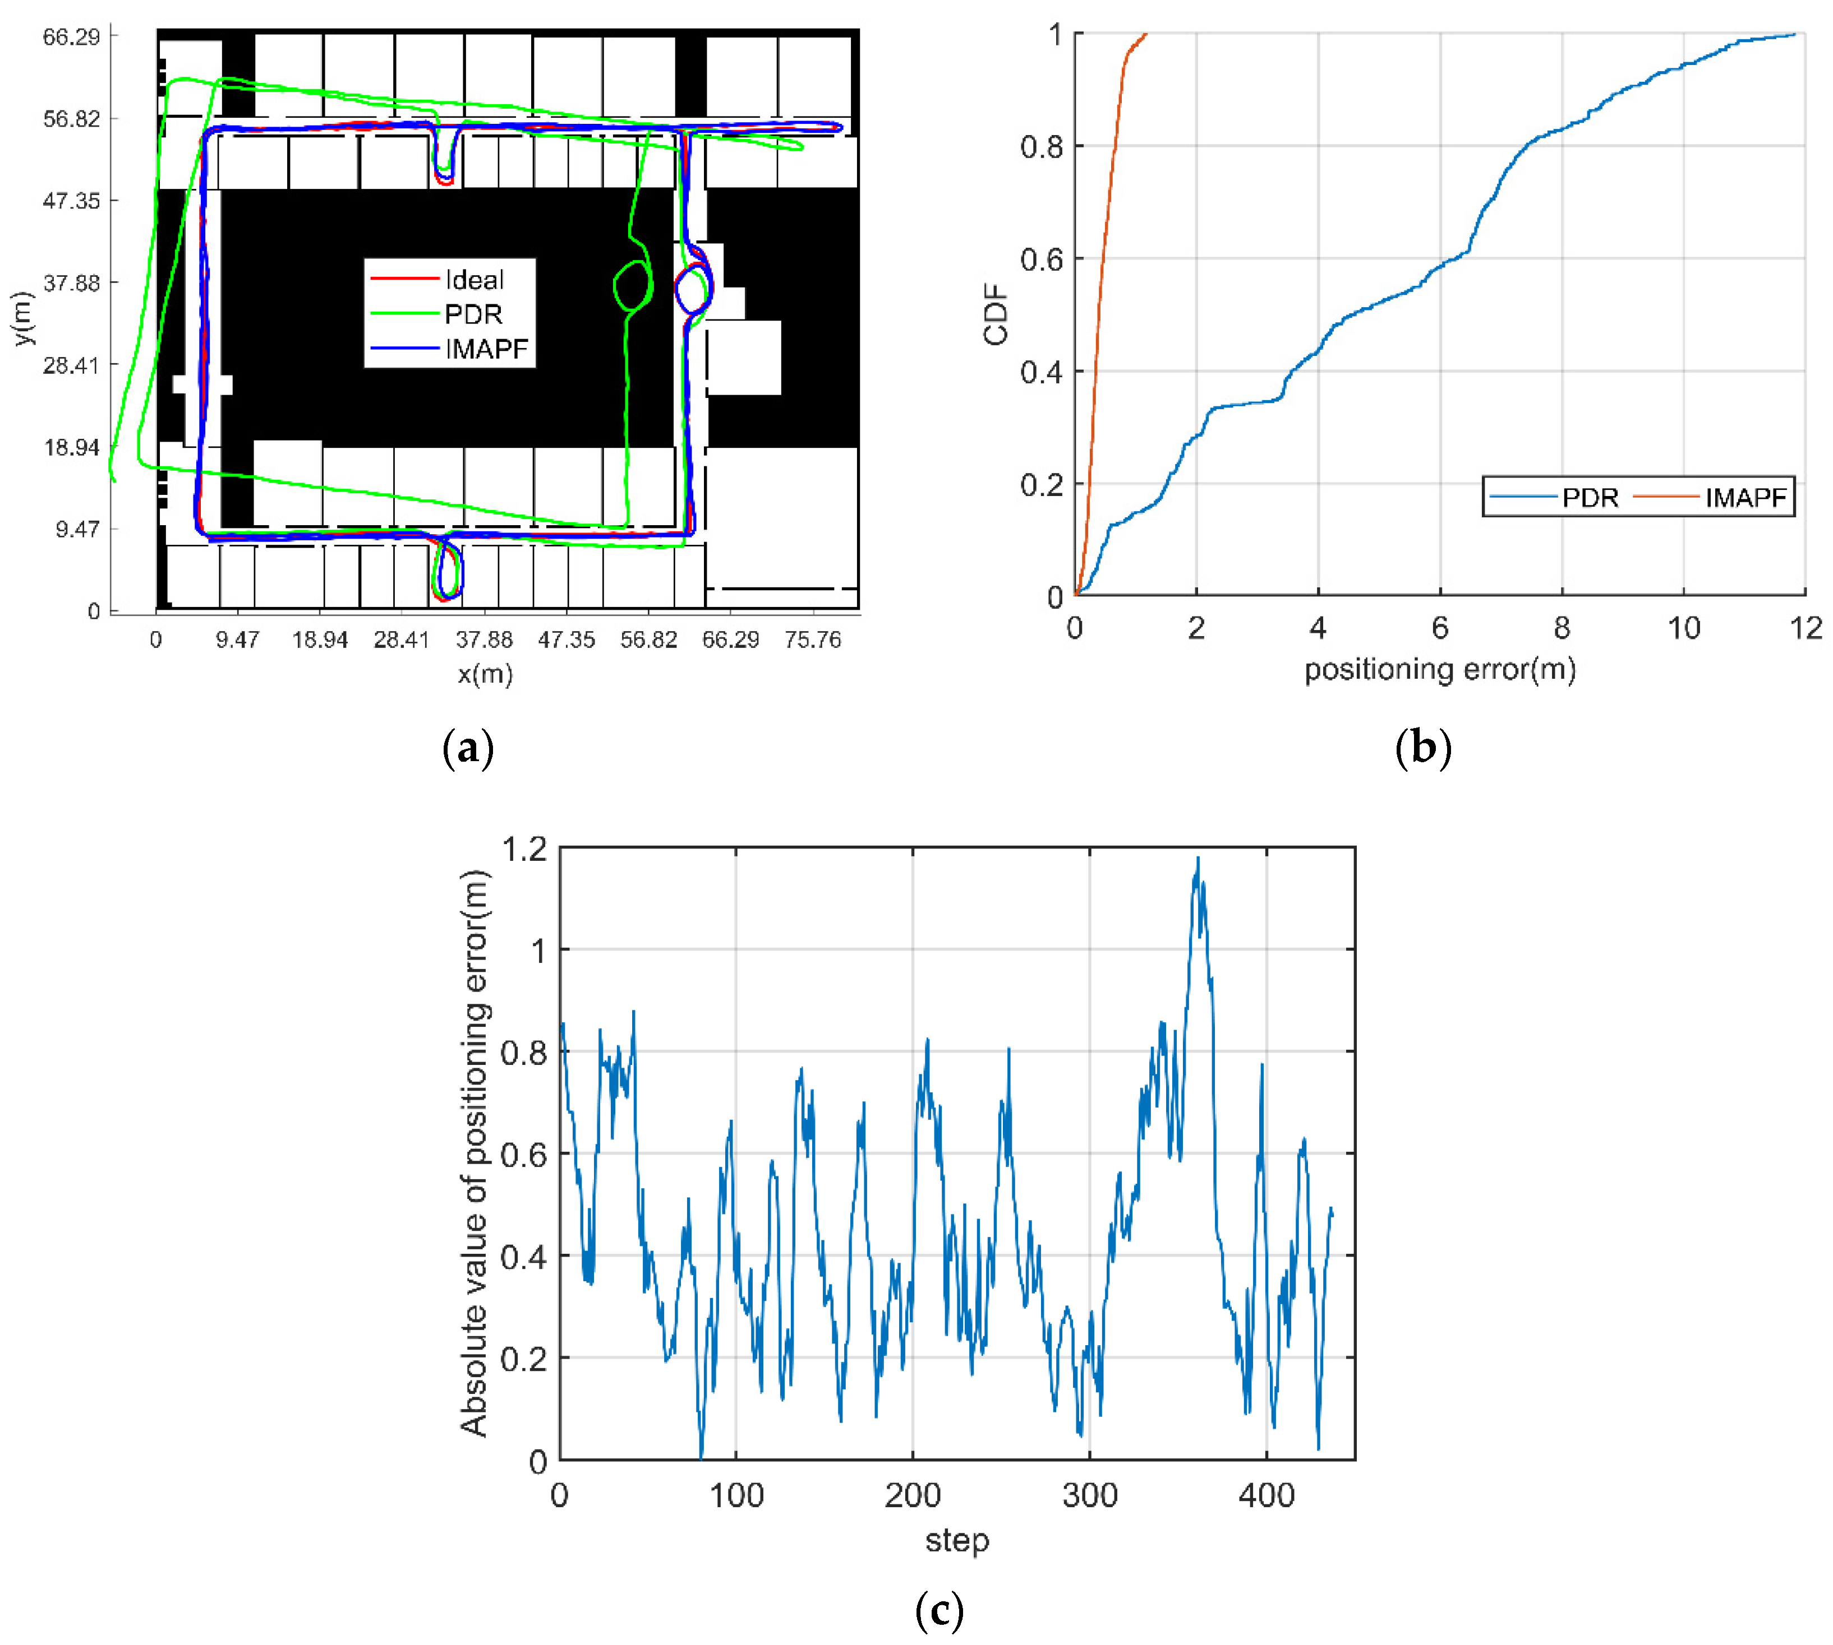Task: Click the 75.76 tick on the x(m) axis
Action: (x=812, y=640)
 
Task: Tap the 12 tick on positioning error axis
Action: (x=1805, y=627)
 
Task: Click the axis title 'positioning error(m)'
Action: (x=1440, y=670)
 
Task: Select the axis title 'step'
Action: (x=957, y=1540)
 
